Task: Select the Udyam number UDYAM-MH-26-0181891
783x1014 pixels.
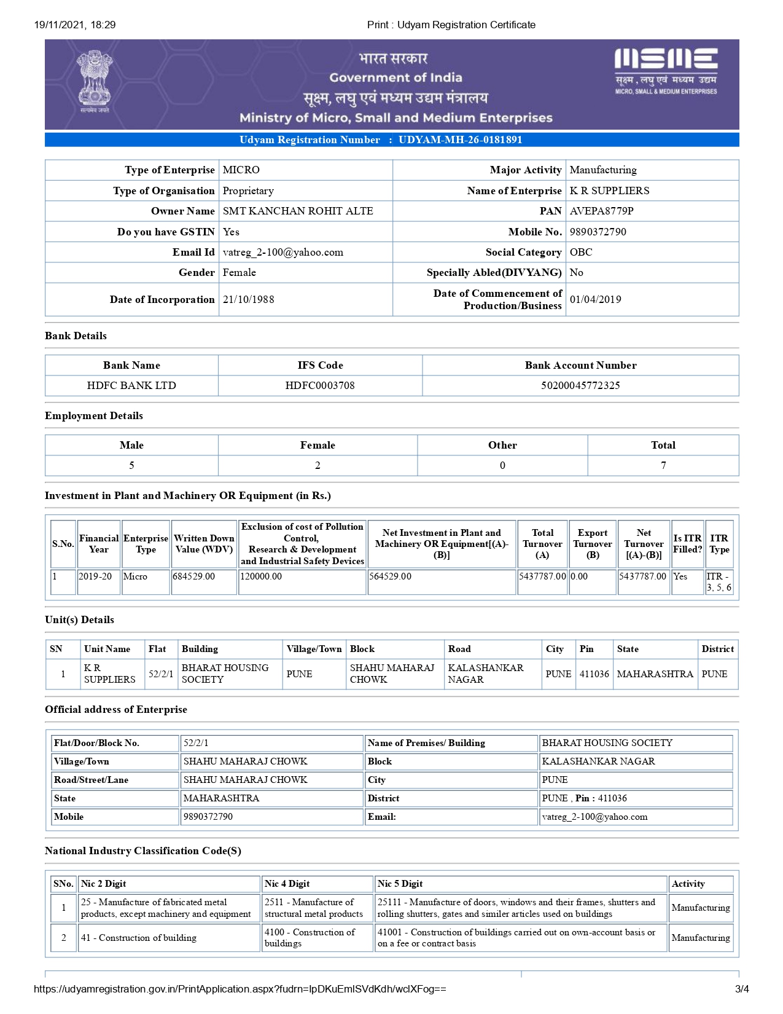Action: point(460,140)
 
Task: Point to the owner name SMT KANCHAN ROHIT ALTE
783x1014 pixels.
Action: point(298,211)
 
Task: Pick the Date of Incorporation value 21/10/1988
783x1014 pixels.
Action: point(248,299)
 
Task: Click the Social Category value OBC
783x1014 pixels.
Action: point(581,252)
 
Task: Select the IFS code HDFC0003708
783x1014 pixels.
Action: point(320,385)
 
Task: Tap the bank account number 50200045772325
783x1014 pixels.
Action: point(580,385)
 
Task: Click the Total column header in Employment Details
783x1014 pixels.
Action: point(663,445)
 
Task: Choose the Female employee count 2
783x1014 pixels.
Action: point(317,465)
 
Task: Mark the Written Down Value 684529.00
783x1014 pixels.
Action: point(194,576)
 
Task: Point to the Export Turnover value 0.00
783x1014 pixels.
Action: point(579,576)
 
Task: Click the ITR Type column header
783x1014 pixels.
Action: point(719,543)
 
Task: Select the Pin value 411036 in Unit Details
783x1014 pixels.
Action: point(594,674)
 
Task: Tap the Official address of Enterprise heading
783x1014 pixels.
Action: point(116,709)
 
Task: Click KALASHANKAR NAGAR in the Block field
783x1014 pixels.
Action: point(598,761)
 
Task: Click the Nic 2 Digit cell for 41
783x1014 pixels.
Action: point(139,938)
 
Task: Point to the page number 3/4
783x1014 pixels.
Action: point(741,989)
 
